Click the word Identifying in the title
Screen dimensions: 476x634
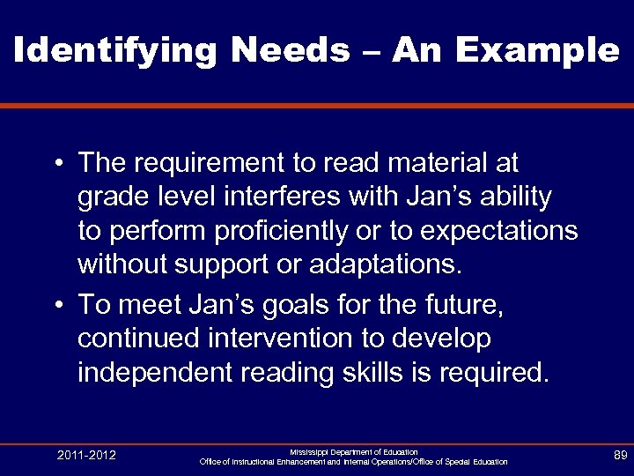point(114,50)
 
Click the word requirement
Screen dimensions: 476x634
point(210,163)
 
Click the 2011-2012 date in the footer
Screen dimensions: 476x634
point(86,455)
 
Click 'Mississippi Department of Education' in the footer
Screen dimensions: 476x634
point(353,451)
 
